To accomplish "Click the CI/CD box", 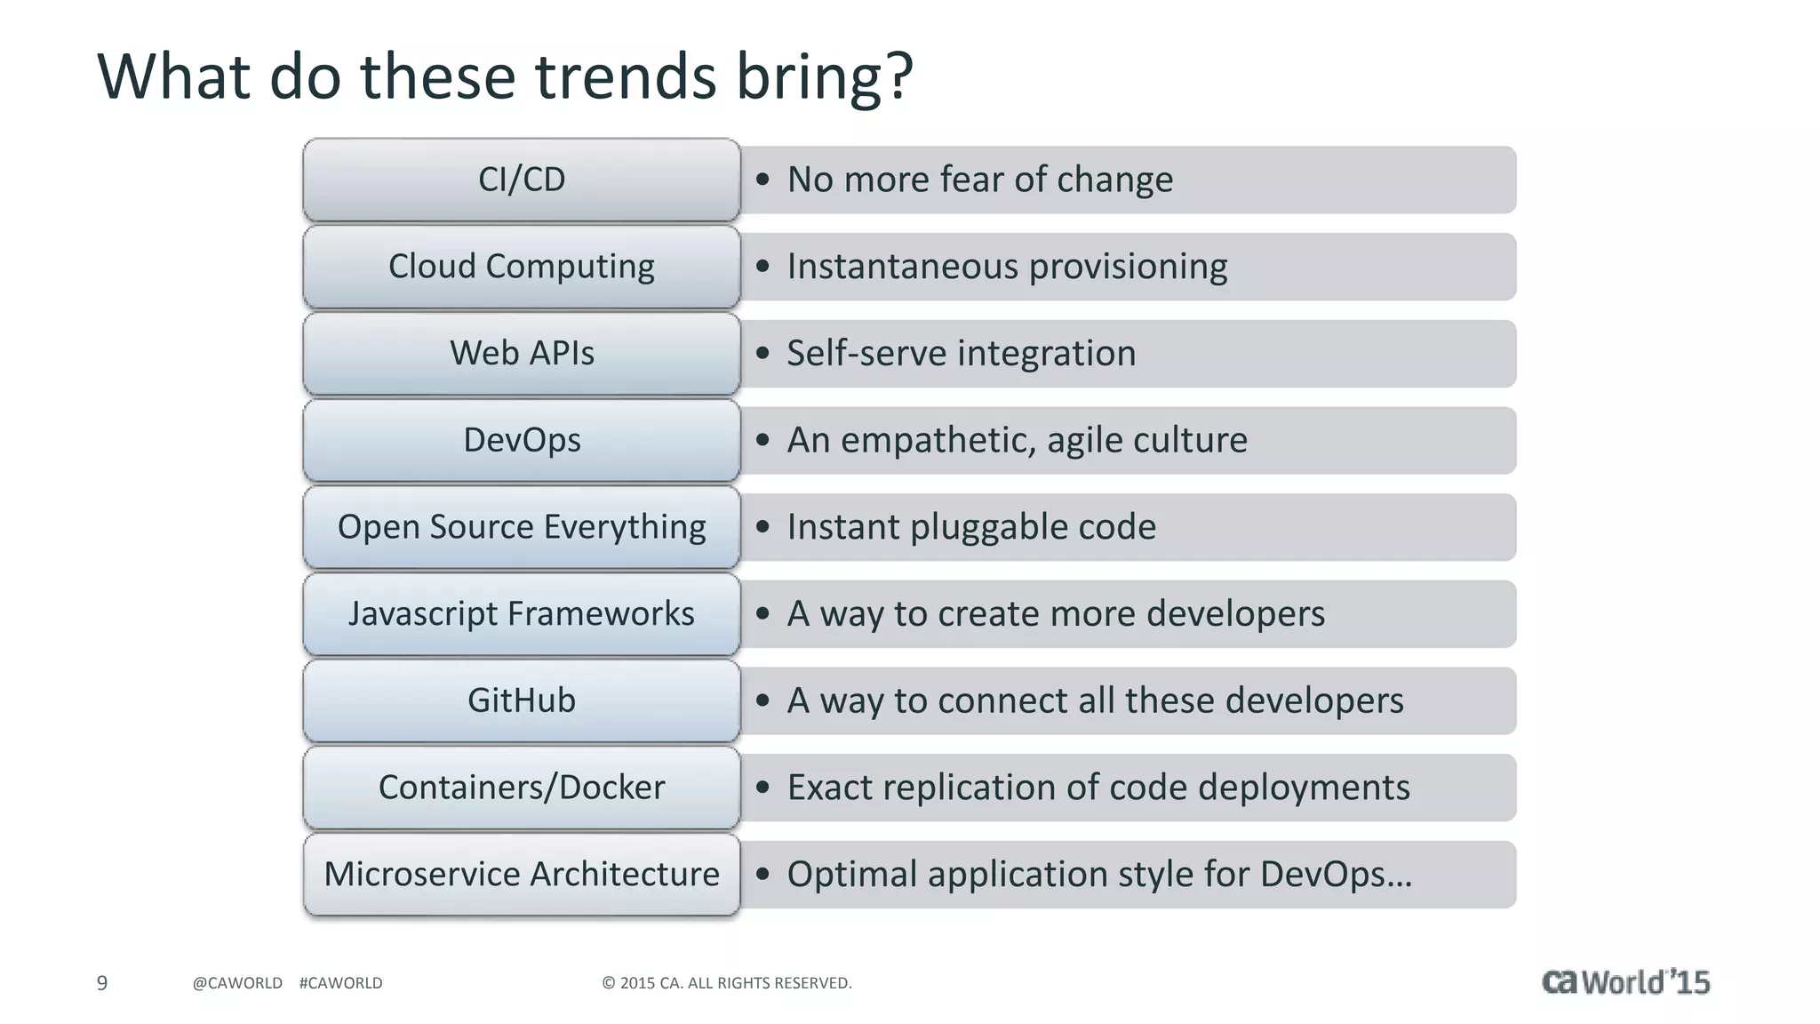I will pyautogui.click(x=522, y=180).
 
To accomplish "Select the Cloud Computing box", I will pyautogui.click(x=522, y=267).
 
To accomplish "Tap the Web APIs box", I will pyautogui.click(x=522, y=353).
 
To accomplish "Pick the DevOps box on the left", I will pyautogui.click(x=522, y=440).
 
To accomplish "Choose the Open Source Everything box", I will pyautogui.click(x=522, y=527).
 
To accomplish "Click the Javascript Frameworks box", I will pyautogui.click(x=522, y=613).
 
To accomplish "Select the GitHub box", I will pyautogui.click(x=522, y=700).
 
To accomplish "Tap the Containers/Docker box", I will pyautogui.click(x=522, y=788).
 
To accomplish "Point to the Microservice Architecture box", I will pyautogui.click(x=522, y=874).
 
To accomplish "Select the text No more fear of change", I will pyautogui.click(x=979, y=180).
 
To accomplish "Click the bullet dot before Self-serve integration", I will pyautogui.click(x=762, y=353).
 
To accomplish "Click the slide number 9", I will pyautogui.click(x=102, y=983).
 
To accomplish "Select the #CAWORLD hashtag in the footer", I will pyautogui.click(x=340, y=983).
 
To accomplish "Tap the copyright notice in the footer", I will pyautogui.click(x=726, y=983).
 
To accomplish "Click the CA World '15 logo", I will pyautogui.click(x=1625, y=981).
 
